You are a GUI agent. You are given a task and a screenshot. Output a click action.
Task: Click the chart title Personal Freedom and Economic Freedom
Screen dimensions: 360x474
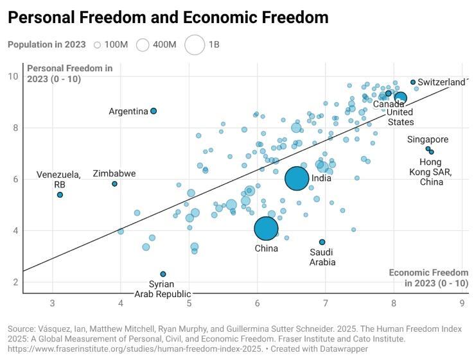pyautogui.click(x=168, y=17)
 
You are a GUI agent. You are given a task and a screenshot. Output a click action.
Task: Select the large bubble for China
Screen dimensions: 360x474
pyautogui.click(x=266, y=228)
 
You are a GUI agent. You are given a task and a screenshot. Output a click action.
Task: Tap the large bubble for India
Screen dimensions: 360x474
pyautogui.click(x=297, y=178)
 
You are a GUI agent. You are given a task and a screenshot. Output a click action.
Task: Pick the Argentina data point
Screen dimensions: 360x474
pyautogui.click(x=154, y=111)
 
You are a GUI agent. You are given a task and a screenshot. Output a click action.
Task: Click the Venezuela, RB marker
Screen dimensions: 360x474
pyautogui.click(x=60, y=194)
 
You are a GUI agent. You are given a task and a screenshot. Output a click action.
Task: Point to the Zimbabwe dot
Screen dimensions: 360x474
pyautogui.click(x=114, y=184)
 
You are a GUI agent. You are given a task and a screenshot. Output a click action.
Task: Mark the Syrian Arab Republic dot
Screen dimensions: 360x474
pyautogui.click(x=163, y=274)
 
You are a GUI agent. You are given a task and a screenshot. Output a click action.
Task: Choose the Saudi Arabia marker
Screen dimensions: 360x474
pyautogui.click(x=322, y=242)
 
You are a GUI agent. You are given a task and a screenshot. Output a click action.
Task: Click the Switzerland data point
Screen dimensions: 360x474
pyautogui.click(x=413, y=82)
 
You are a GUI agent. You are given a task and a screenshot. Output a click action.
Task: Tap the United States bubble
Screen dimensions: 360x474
pyautogui.click(x=400, y=98)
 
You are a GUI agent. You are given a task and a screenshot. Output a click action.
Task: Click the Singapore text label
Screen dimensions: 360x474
pyautogui.click(x=428, y=139)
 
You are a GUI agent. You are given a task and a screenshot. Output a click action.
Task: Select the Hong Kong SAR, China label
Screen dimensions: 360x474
pyautogui.click(x=432, y=172)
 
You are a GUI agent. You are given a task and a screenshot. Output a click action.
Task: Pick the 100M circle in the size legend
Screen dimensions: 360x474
pyautogui.click(x=98, y=45)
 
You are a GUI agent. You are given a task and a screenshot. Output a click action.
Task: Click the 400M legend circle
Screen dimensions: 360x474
pyautogui.click(x=143, y=45)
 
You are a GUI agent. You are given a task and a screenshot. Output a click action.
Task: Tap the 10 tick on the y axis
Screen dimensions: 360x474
pyautogui.click(x=13, y=76)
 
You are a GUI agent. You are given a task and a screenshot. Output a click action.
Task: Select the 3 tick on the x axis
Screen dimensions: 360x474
pyautogui.click(x=52, y=303)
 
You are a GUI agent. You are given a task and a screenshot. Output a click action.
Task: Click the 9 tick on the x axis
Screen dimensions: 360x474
pyautogui.click(x=462, y=303)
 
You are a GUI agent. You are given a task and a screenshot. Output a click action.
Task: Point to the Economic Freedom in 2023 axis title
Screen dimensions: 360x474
pyautogui.click(x=428, y=278)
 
